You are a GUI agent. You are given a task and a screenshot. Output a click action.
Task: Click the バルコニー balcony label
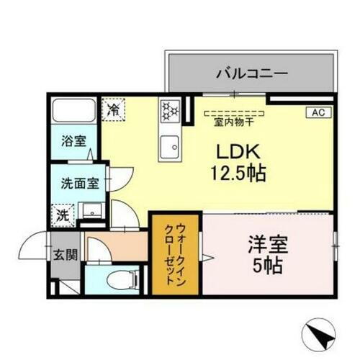[252, 73]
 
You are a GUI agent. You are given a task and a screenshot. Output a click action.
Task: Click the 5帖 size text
[268, 264]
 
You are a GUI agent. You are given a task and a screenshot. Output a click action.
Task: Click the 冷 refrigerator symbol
[113, 109]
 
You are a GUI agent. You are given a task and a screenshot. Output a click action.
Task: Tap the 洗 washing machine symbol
[63, 213]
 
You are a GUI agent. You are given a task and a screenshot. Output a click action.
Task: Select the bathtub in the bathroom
[73, 112]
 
